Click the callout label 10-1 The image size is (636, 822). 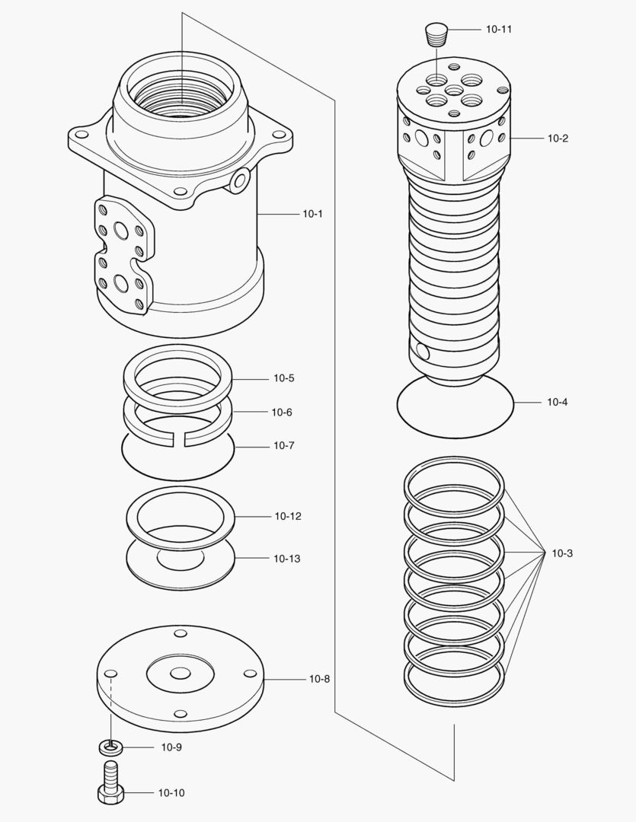pyautogui.click(x=312, y=214)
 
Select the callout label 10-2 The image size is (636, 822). pyautogui.click(x=558, y=139)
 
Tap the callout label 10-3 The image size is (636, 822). pyautogui.click(x=562, y=553)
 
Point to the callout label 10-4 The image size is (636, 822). pyautogui.click(x=557, y=402)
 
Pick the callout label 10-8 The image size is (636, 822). pyautogui.click(x=319, y=678)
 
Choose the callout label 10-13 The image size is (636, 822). pyautogui.click(x=286, y=559)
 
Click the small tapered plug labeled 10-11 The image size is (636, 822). pyautogui.click(x=435, y=33)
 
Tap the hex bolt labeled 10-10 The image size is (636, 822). pyautogui.click(x=111, y=785)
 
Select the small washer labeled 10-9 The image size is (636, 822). pyautogui.click(x=111, y=747)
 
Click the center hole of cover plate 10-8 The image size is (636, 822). pyautogui.click(x=181, y=674)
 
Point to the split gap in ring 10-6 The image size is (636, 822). pyautogui.click(x=182, y=438)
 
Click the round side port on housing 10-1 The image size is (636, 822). pyautogui.click(x=240, y=180)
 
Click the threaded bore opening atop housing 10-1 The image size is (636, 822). pyautogui.click(x=181, y=95)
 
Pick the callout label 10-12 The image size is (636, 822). pyautogui.click(x=288, y=516)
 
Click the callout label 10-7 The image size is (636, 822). pyautogui.click(x=283, y=445)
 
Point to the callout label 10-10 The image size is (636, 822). pyautogui.click(x=171, y=792)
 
